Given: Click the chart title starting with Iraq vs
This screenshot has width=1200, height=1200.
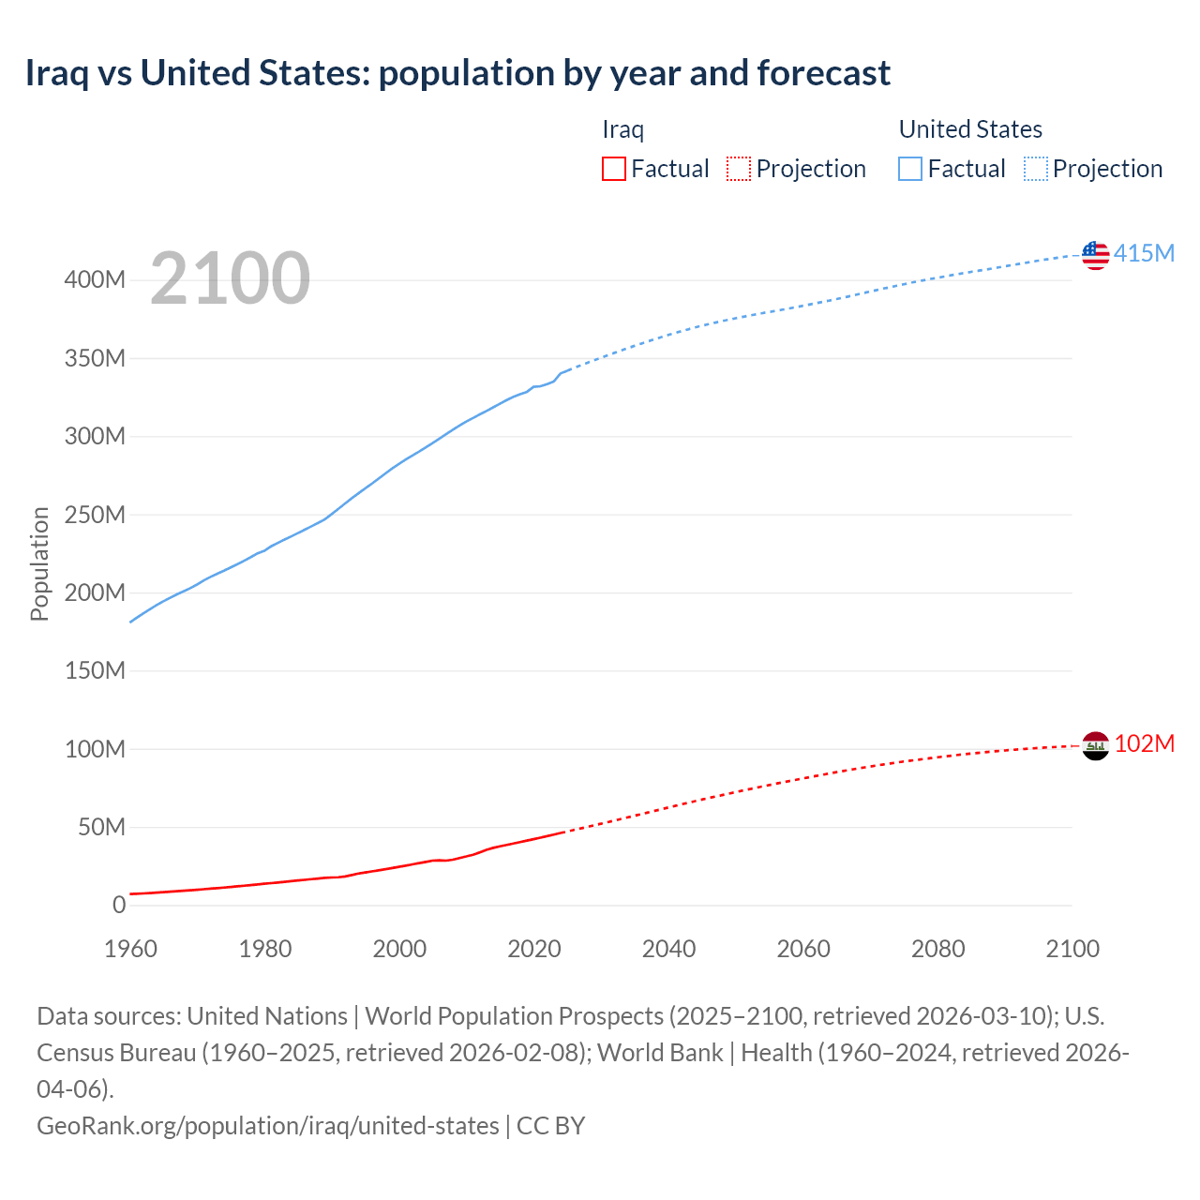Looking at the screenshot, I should (457, 72).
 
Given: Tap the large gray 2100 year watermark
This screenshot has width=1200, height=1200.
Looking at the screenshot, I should (230, 278).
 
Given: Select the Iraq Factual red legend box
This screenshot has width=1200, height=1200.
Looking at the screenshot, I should (613, 169).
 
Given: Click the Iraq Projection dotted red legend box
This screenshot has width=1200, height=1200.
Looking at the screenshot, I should (739, 169).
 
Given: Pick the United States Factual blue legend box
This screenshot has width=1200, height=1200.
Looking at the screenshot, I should (909, 169).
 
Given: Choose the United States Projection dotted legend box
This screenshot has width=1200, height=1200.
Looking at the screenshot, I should (1035, 169).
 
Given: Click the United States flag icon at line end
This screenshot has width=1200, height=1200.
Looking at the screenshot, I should (1095, 254).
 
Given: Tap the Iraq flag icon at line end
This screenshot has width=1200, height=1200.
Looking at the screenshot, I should (1095, 745).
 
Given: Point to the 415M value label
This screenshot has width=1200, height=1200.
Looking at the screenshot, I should (1144, 254).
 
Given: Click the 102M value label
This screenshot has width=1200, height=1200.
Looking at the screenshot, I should (1144, 744).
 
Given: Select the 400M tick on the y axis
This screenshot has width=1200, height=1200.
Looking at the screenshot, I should (95, 280).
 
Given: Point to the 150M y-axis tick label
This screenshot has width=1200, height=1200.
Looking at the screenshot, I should (95, 671).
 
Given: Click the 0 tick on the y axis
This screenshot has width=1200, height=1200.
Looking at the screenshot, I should (119, 906).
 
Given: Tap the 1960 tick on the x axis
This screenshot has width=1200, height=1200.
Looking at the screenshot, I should (131, 949).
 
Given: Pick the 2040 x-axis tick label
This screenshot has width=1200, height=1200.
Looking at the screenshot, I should (669, 949).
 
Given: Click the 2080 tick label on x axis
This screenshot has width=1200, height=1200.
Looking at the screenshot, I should (938, 949).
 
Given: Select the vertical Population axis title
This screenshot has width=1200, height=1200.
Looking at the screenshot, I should (39, 563).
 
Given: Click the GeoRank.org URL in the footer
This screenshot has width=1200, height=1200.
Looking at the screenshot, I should (268, 1126).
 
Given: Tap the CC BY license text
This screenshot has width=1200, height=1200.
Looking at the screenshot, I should (551, 1126).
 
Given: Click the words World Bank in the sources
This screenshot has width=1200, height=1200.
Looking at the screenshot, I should (660, 1053).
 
